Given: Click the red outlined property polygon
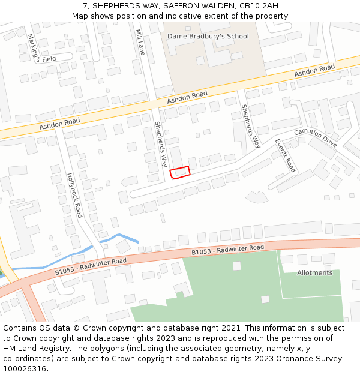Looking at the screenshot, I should (x=180, y=172).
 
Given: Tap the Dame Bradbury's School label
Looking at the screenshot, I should (x=208, y=37).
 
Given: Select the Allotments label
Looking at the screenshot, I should (x=314, y=273).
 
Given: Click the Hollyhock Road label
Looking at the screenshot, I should (x=74, y=195).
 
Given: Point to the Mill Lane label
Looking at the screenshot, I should (x=140, y=42).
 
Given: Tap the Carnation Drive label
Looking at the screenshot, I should (x=316, y=137).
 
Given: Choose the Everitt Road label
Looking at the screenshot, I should (x=286, y=155).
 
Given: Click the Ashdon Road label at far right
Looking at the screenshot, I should (x=314, y=71).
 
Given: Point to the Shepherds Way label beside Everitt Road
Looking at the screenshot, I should (x=251, y=126).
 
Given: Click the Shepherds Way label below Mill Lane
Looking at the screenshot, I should (x=161, y=143).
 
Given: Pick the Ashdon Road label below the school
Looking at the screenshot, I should (x=187, y=97).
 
